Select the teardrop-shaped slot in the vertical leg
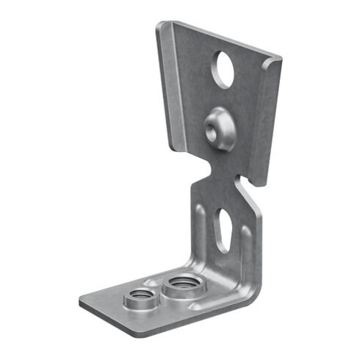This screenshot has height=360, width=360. [x=222, y=229]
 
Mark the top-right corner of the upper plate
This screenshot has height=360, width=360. [x=280, y=59]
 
